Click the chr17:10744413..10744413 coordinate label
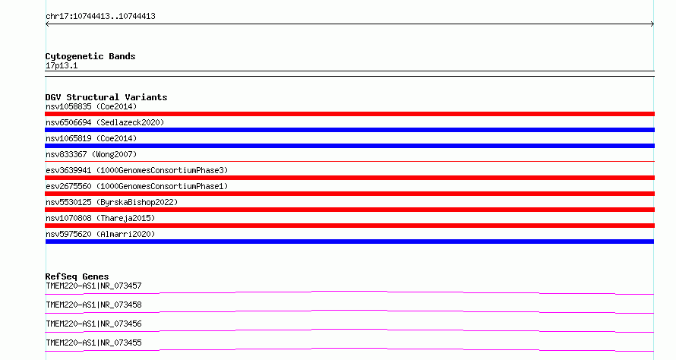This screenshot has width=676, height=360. point(100,17)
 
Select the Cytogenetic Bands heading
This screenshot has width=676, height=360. point(90,56)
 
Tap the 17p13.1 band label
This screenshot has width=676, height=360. point(62,65)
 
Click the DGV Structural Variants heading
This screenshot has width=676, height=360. point(106,97)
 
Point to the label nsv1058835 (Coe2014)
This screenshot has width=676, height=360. point(91,106)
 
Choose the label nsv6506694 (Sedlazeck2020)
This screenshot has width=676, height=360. point(105,122)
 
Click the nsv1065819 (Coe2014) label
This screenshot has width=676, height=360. point(91,138)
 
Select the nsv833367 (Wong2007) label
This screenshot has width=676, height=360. point(91,154)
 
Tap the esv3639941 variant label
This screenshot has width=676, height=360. point(137,170)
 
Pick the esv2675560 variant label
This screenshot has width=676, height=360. point(137,186)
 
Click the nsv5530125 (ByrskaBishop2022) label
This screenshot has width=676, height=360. point(112,202)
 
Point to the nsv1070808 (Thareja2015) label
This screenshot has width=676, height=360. point(100,218)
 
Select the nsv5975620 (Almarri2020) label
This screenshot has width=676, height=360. point(100,234)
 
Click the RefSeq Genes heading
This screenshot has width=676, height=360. point(77,276)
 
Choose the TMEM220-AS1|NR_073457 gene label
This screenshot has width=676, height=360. point(93,286)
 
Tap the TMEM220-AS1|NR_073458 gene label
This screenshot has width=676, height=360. point(93,305)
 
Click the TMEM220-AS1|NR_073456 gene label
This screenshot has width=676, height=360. point(93,324)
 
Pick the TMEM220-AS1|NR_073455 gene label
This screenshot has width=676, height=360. point(93,343)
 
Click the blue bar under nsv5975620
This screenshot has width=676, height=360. point(349,242)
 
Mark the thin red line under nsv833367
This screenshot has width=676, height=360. point(349,161)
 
